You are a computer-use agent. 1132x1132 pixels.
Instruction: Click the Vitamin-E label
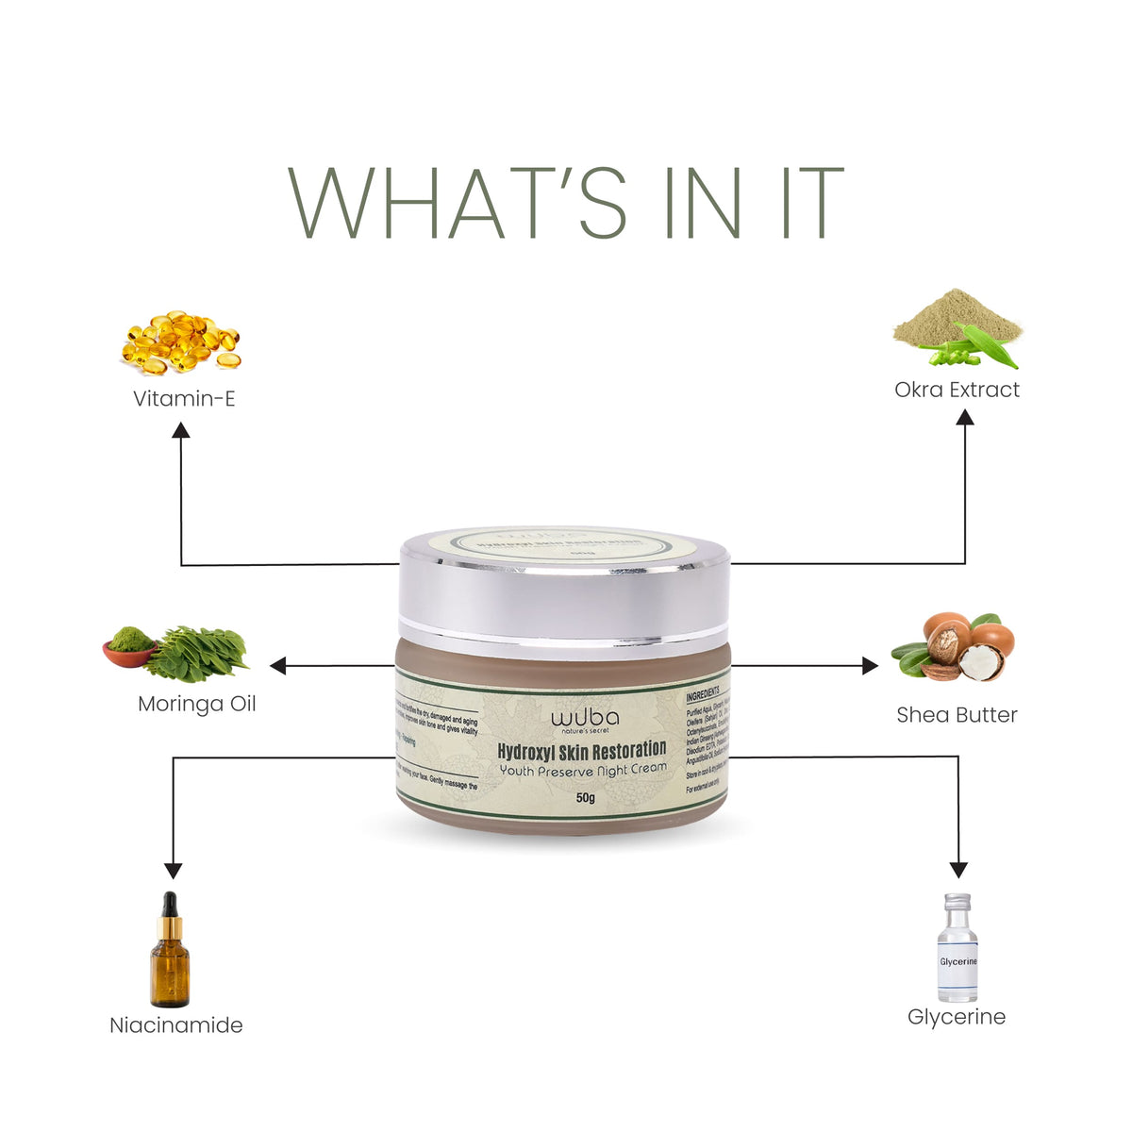pyautogui.click(x=184, y=398)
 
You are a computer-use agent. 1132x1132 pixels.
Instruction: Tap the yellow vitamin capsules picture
pyautogui.click(x=180, y=342)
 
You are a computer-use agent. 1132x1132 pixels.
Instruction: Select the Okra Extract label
pyautogui.click(x=957, y=390)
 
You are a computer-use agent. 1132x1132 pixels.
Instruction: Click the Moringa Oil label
pyautogui.click(x=196, y=704)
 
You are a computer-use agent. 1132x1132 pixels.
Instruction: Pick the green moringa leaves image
pyautogui.click(x=196, y=654)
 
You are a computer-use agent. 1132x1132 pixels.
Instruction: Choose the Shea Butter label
pyautogui.click(x=957, y=714)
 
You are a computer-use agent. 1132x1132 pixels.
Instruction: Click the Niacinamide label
pyautogui.click(x=176, y=1024)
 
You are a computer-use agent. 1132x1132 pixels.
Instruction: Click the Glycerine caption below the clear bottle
pyautogui.click(x=957, y=1016)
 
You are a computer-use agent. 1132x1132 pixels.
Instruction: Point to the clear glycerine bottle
pyautogui.click(x=957, y=948)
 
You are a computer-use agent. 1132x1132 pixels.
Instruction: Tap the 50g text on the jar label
pyautogui.click(x=586, y=798)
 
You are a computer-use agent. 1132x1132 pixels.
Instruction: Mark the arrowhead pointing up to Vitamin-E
pyautogui.click(x=180, y=430)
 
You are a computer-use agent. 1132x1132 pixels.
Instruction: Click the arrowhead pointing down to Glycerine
pyautogui.click(x=958, y=869)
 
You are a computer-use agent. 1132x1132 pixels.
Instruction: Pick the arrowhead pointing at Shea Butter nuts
pyautogui.click(x=869, y=666)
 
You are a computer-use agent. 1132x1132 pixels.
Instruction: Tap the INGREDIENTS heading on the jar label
pyautogui.click(x=707, y=691)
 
